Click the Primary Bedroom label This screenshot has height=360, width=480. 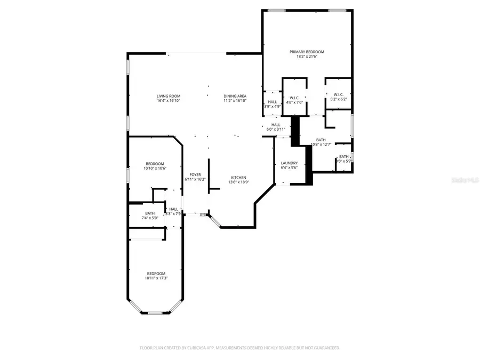[x=307, y=52]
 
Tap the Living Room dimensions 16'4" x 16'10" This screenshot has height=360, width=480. [x=168, y=101]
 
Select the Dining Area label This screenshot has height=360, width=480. [x=235, y=96]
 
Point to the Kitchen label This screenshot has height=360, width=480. [x=238, y=177]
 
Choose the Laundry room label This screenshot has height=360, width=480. [x=289, y=163]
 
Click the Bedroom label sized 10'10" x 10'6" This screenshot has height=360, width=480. [x=155, y=163]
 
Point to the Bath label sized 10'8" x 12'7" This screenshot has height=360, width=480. [x=321, y=140]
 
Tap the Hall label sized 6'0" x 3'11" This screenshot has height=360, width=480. [x=276, y=124]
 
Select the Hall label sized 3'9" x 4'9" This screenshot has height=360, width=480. [x=272, y=101]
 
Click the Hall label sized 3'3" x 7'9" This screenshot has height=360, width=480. [x=174, y=209]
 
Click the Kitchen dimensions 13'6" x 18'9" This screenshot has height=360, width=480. [x=238, y=182]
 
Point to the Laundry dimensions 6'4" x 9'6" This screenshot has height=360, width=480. [x=289, y=168]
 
